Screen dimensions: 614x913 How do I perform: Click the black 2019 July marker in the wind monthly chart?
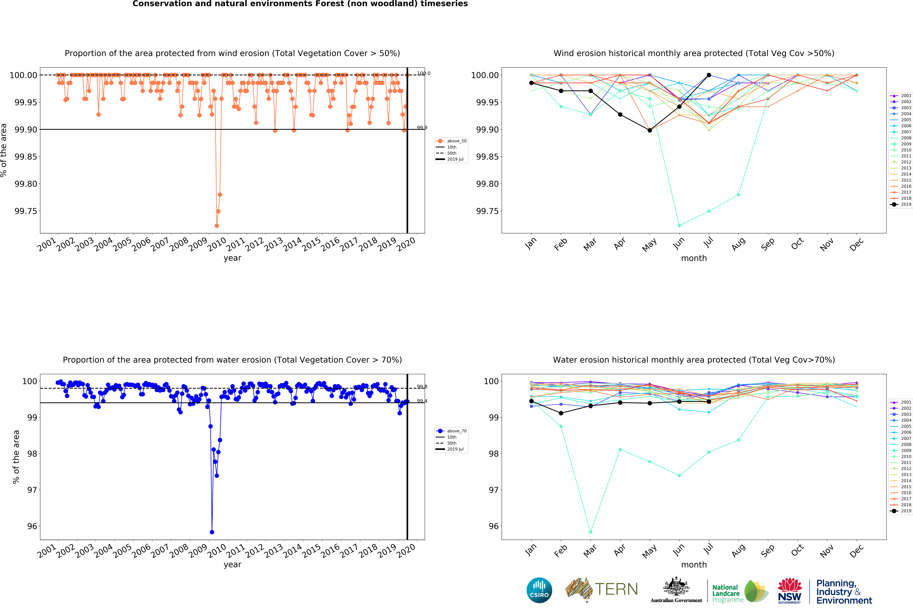click(709, 75)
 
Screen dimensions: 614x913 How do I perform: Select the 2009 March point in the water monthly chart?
click(591, 532)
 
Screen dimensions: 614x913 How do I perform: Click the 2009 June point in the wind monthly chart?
click(679, 226)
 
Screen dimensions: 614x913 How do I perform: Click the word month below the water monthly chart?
click(694, 565)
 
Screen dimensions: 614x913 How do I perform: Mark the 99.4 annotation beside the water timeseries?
click(422, 401)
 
